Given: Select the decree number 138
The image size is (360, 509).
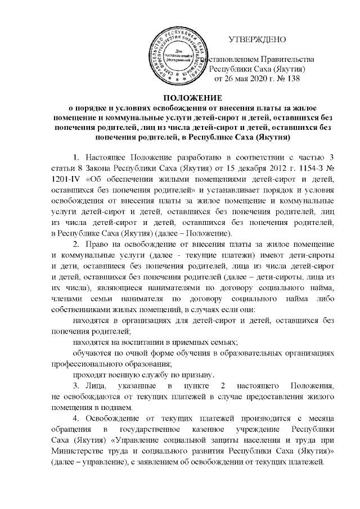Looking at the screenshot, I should tap(293, 79).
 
